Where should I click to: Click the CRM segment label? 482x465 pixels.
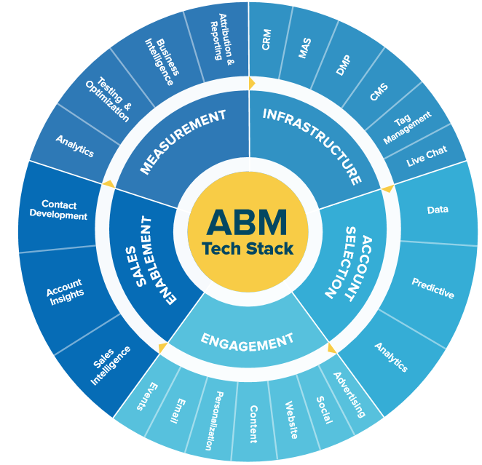(x=267, y=41)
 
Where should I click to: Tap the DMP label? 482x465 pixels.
(x=343, y=66)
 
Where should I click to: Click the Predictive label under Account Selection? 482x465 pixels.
(x=432, y=288)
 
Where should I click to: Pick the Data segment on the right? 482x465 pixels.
(x=438, y=210)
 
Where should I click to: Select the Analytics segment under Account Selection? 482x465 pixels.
(x=391, y=357)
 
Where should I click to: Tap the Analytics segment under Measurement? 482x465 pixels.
(x=74, y=146)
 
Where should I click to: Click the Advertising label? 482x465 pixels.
(x=349, y=394)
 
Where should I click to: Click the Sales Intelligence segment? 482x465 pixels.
(x=111, y=365)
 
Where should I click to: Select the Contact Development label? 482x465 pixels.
(x=64, y=210)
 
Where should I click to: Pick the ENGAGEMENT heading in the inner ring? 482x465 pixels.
(x=247, y=340)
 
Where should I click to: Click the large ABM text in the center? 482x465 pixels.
(x=247, y=220)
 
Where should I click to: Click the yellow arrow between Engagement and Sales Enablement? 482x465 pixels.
(x=162, y=348)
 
